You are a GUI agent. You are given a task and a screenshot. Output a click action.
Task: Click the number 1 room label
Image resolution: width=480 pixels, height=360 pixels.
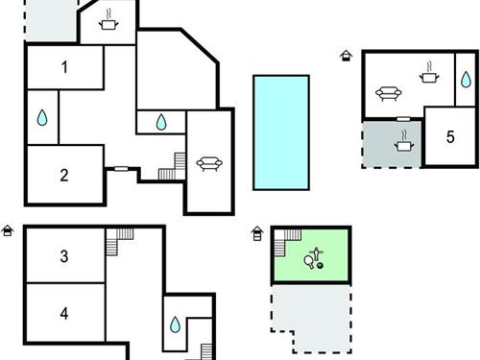pyautogui.click(x=64, y=67)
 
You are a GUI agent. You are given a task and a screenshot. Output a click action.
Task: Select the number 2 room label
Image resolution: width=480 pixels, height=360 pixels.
pyautogui.click(x=64, y=175)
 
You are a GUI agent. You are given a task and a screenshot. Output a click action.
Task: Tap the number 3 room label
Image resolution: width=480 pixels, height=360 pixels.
pyautogui.click(x=64, y=256)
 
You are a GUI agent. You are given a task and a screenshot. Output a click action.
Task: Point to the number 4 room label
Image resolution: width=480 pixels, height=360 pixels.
pyautogui.click(x=64, y=313)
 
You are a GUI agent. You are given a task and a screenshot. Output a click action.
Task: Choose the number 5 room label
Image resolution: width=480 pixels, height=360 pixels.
pyautogui.click(x=450, y=135)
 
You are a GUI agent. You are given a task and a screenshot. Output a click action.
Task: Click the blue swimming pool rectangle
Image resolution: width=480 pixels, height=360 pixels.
pyautogui.click(x=280, y=132)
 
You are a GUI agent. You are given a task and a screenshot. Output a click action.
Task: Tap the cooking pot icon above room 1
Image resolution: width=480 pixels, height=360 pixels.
pyautogui.click(x=108, y=22)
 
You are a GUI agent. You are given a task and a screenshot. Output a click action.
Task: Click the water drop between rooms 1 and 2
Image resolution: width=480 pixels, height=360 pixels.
pyautogui.click(x=42, y=117)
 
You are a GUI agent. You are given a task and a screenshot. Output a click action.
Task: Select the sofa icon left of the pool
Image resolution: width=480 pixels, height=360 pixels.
pyautogui.click(x=208, y=164)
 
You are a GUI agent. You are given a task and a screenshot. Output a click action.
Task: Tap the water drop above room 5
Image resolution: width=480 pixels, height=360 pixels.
pyautogui.click(x=465, y=80)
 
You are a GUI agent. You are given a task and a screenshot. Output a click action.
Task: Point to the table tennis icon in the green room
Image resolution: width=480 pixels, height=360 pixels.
pyautogui.click(x=314, y=257)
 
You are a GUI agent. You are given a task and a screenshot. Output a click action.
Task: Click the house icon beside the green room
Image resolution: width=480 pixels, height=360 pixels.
pyautogui.click(x=257, y=232)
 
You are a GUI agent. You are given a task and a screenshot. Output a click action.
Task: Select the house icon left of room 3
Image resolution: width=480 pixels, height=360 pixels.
pyautogui.click(x=8, y=230)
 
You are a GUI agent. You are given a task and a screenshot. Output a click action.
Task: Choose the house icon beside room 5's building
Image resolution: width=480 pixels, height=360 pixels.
pyautogui.click(x=346, y=56)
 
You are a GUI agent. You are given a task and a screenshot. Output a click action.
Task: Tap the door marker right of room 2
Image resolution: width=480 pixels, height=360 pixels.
pyautogui.click(x=121, y=169)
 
